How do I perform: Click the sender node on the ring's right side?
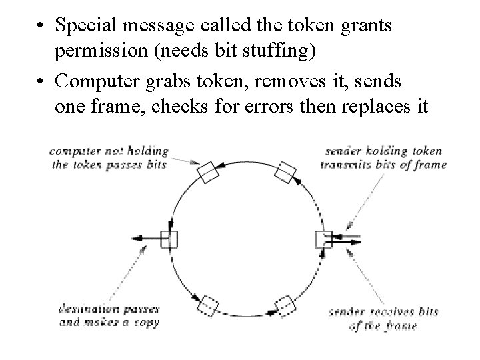click(323, 238)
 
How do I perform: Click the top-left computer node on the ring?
click(209, 171)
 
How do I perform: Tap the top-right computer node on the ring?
click(285, 171)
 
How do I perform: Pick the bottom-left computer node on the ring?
click(208, 305)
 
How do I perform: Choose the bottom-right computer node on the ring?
click(285, 305)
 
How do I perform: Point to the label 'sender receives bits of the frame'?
click(383, 319)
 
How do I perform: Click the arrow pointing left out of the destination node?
click(145, 238)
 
